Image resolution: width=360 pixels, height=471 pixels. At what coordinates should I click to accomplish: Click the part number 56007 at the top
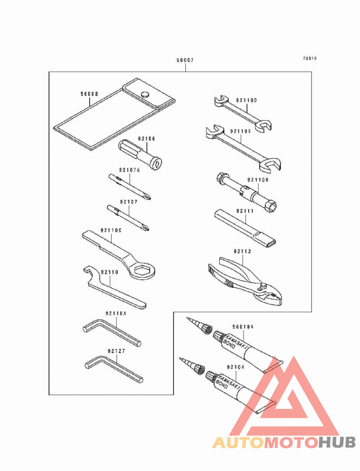click(184, 60)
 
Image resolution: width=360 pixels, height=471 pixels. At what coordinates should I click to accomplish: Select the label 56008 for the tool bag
click(90, 94)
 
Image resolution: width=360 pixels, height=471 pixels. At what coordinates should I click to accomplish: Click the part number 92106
click(146, 139)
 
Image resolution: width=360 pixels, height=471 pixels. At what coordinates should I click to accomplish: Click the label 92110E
click(240, 131)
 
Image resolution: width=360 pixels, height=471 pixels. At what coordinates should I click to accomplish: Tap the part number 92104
click(236, 367)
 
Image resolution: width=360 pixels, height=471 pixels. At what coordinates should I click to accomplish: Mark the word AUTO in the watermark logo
click(238, 443)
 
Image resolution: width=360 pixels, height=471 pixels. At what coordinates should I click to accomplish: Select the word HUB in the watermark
click(337, 443)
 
